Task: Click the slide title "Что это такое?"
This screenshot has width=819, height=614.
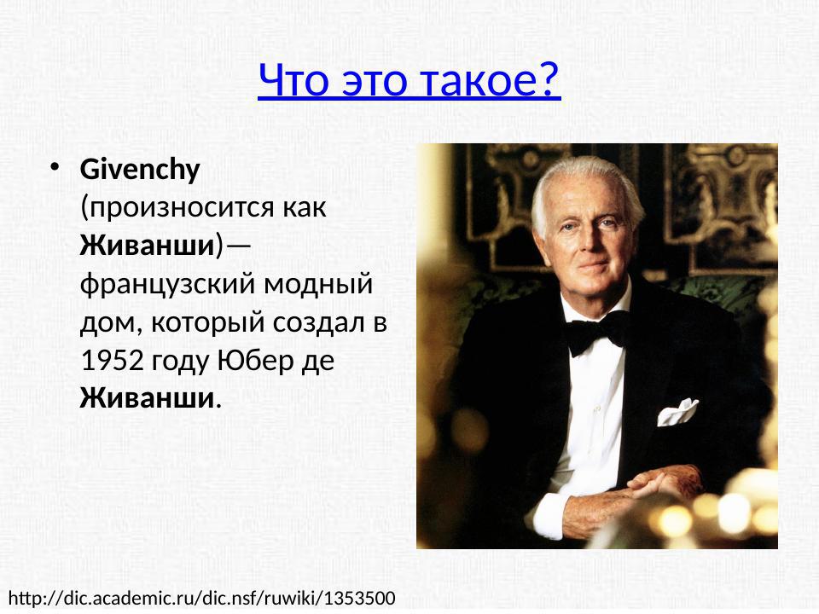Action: coord(409,80)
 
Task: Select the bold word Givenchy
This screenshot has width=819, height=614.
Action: coord(139,170)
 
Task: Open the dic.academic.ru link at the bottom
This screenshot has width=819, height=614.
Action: coord(201,597)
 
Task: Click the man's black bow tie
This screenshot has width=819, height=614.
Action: coord(597,332)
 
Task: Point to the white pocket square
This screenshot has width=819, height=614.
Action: coord(677,412)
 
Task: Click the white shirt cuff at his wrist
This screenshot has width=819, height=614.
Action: coord(546,513)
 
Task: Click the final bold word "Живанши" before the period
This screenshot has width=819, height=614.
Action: coord(146,398)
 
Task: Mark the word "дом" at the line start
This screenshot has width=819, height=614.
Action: coord(100,322)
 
